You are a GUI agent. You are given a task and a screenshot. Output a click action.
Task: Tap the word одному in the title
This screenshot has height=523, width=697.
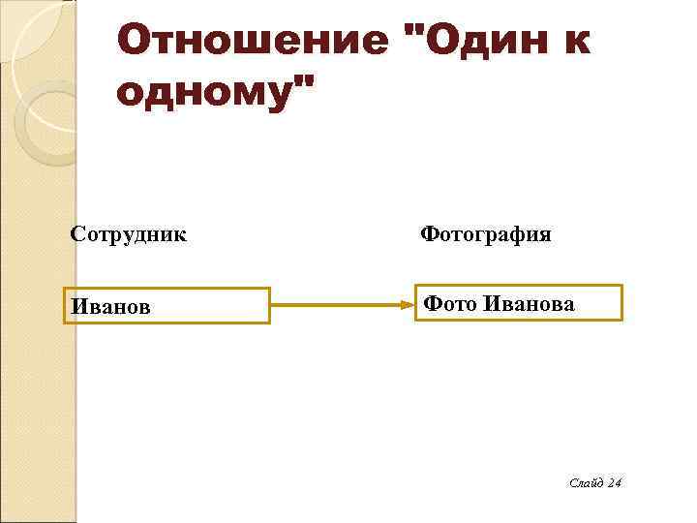203,94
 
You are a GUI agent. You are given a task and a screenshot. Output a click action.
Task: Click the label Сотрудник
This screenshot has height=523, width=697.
129,234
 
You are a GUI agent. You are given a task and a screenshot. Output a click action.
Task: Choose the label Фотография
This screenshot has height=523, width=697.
486,234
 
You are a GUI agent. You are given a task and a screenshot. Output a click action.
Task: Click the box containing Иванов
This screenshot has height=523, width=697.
167,305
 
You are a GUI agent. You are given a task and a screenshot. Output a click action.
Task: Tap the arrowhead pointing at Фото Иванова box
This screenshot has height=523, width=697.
408,305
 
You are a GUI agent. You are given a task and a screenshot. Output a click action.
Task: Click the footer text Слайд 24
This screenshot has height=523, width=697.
594,483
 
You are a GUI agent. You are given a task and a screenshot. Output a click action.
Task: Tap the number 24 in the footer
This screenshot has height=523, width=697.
613,483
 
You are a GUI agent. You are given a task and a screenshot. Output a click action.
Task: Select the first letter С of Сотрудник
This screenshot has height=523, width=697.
76,234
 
